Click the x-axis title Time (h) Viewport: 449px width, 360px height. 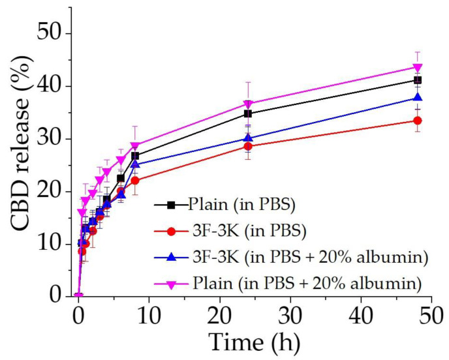[255, 340]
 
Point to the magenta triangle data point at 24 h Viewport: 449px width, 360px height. [248, 104]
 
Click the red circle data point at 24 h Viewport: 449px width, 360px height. [248, 146]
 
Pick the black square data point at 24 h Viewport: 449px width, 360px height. [248, 113]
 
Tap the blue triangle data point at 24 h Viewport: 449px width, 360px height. [248, 138]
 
